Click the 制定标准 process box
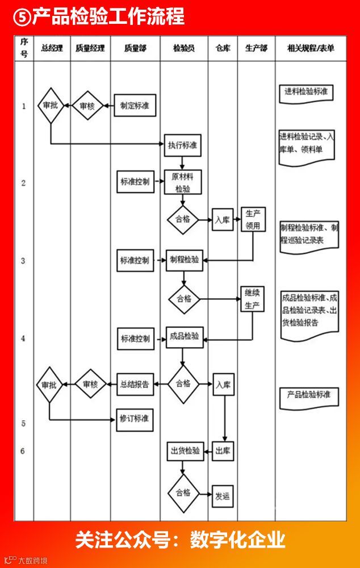coord(135,106)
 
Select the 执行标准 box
coord(183,145)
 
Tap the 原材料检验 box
coord(183,182)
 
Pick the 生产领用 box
coord(253,219)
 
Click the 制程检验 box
coord(185,260)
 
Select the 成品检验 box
coord(185,337)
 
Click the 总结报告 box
coord(135,384)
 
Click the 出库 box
coord(223,452)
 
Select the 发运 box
coord(223,495)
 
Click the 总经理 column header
coord(52,48)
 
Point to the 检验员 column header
coord(183,48)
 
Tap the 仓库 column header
coord(223,48)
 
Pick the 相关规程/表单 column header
coord(311,48)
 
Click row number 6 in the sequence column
coord(23,452)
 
